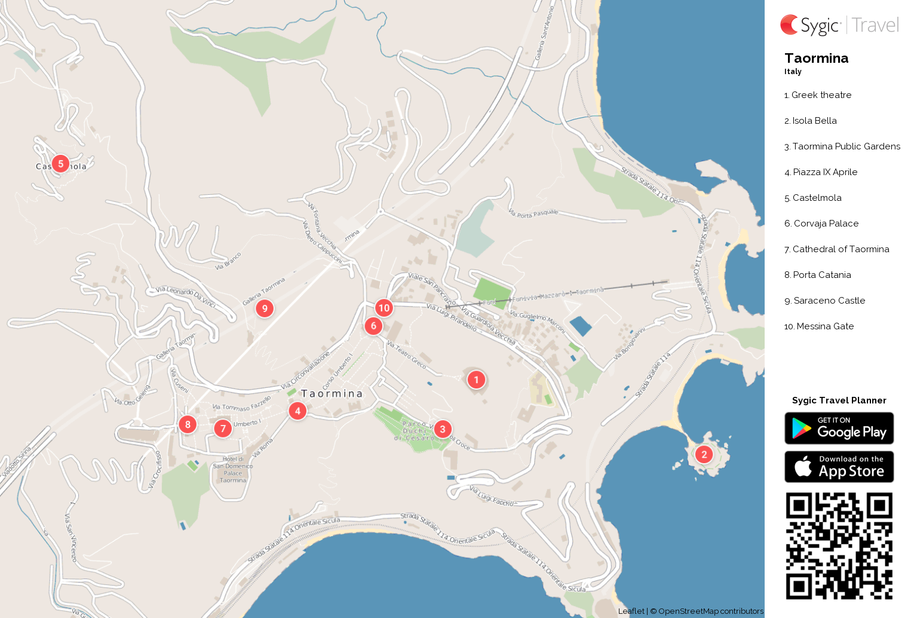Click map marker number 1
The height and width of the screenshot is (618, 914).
click(x=476, y=380)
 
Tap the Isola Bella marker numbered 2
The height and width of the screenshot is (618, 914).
click(x=704, y=455)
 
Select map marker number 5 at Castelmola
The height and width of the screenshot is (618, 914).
click(x=60, y=164)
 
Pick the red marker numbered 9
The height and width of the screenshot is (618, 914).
click(x=265, y=308)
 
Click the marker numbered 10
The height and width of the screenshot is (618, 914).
click(x=384, y=308)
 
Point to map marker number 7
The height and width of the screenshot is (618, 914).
click(x=223, y=429)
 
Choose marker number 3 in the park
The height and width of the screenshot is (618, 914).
click(x=442, y=429)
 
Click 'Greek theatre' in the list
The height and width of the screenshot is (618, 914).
click(x=821, y=95)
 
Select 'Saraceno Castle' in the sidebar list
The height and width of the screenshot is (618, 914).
click(x=829, y=301)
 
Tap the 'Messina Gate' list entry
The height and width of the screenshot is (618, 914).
click(x=824, y=326)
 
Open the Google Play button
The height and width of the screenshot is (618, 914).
click(x=839, y=429)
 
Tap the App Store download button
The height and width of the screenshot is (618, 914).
click(x=839, y=467)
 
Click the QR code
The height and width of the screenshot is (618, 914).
click(x=839, y=546)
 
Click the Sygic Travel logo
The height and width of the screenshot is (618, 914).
click(x=839, y=25)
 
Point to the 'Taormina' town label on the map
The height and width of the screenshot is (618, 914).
click(x=332, y=393)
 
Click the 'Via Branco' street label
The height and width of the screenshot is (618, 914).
click(x=228, y=261)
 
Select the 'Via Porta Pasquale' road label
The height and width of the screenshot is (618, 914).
click(x=533, y=213)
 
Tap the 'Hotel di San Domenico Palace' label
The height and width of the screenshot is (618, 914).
click(x=232, y=469)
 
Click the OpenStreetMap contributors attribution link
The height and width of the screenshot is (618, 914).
click(x=710, y=611)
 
